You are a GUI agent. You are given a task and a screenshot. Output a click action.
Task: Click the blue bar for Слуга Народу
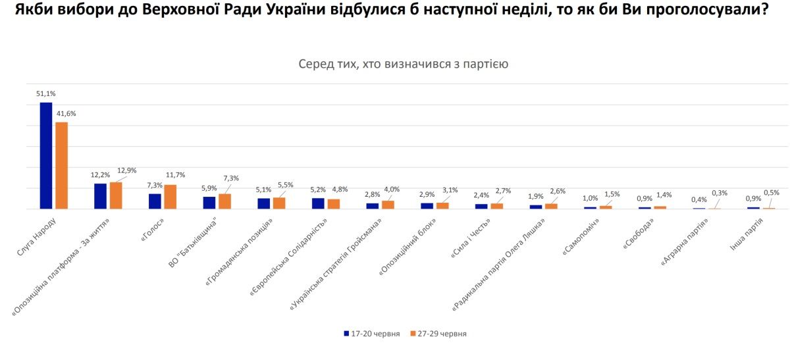(x=46, y=156)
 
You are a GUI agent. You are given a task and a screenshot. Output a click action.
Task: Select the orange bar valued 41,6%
(x=62, y=166)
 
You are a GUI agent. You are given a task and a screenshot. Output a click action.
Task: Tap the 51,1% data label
(x=46, y=94)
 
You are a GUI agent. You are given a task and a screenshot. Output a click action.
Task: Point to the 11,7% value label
(x=176, y=175)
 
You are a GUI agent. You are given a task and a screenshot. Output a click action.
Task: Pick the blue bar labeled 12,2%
(x=100, y=196)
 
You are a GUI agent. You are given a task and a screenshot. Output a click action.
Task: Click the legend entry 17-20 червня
(x=372, y=334)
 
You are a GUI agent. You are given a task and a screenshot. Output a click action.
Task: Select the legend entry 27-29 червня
(x=438, y=334)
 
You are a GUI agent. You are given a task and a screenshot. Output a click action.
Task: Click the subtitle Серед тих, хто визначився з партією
(x=403, y=64)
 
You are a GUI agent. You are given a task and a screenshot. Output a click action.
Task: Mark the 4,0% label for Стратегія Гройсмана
(x=392, y=190)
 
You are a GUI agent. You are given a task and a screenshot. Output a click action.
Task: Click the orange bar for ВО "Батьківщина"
(x=224, y=201)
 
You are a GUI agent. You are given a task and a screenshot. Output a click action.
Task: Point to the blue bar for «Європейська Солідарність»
(x=318, y=203)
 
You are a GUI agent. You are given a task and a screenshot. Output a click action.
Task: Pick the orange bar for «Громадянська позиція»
(x=279, y=203)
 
